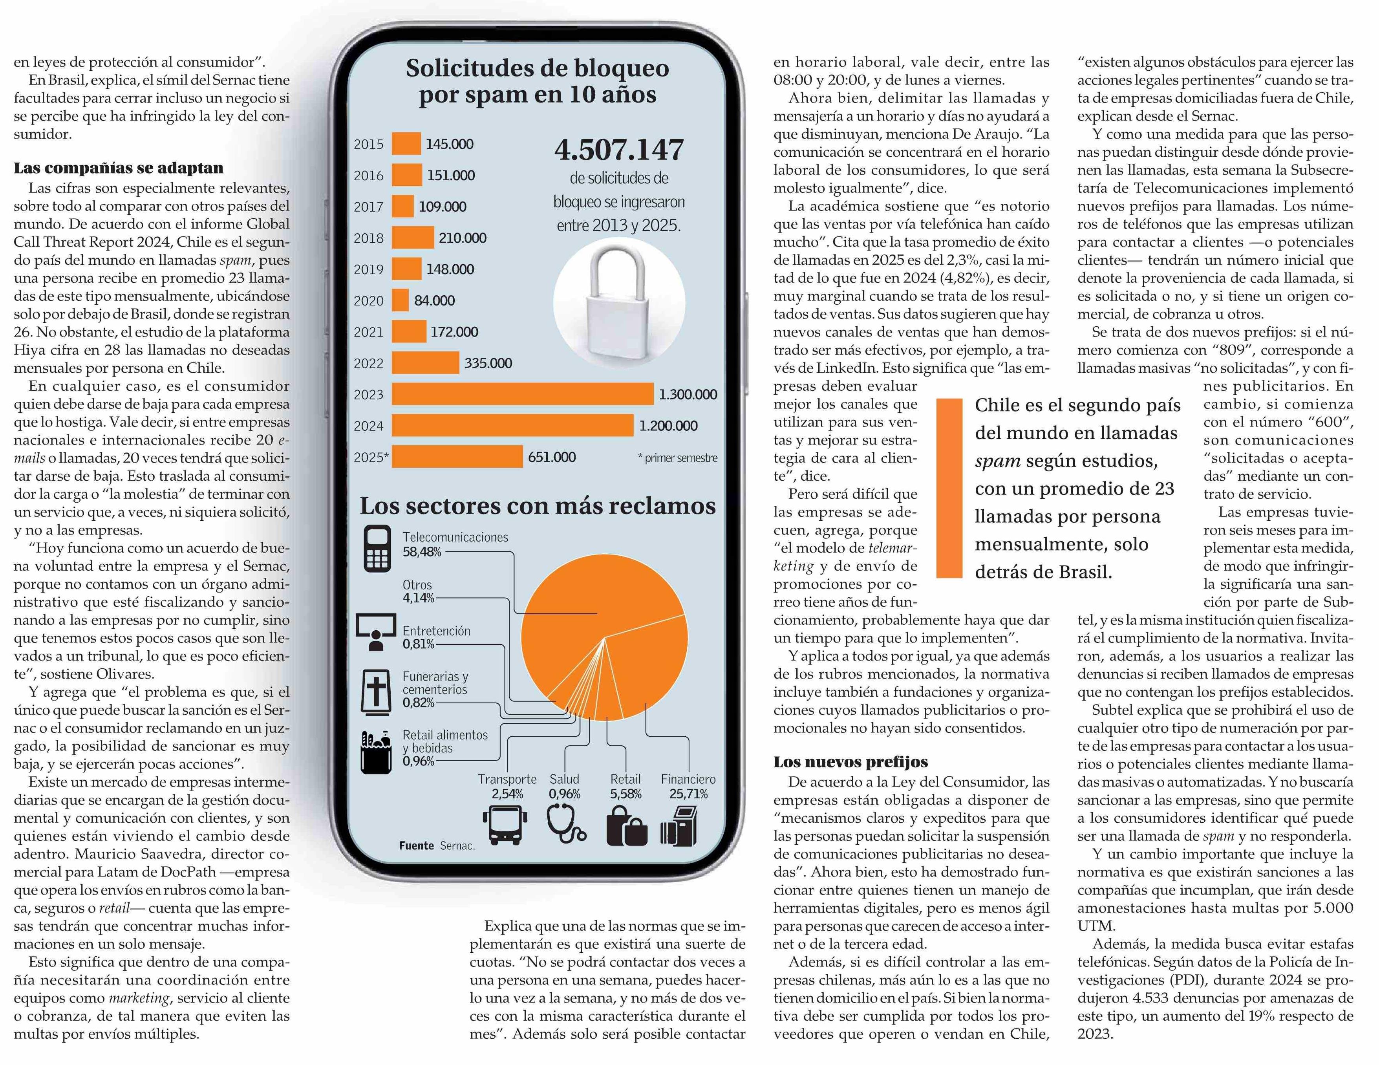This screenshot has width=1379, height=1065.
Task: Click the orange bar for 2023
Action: [522, 394]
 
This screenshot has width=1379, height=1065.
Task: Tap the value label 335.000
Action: [488, 363]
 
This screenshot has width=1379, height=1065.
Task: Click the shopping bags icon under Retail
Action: [626, 826]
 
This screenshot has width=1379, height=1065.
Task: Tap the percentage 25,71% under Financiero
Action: [688, 794]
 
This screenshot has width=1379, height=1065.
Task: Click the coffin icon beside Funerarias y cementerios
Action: [376, 692]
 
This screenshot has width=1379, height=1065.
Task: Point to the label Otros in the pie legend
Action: [417, 585]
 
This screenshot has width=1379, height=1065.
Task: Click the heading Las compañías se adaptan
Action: [119, 168]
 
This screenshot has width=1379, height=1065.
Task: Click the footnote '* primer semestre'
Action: [677, 458]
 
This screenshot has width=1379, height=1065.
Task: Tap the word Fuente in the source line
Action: [417, 845]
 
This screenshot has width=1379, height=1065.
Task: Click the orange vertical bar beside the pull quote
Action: [949, 488]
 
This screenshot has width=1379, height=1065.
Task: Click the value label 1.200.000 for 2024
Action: [668, 426]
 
